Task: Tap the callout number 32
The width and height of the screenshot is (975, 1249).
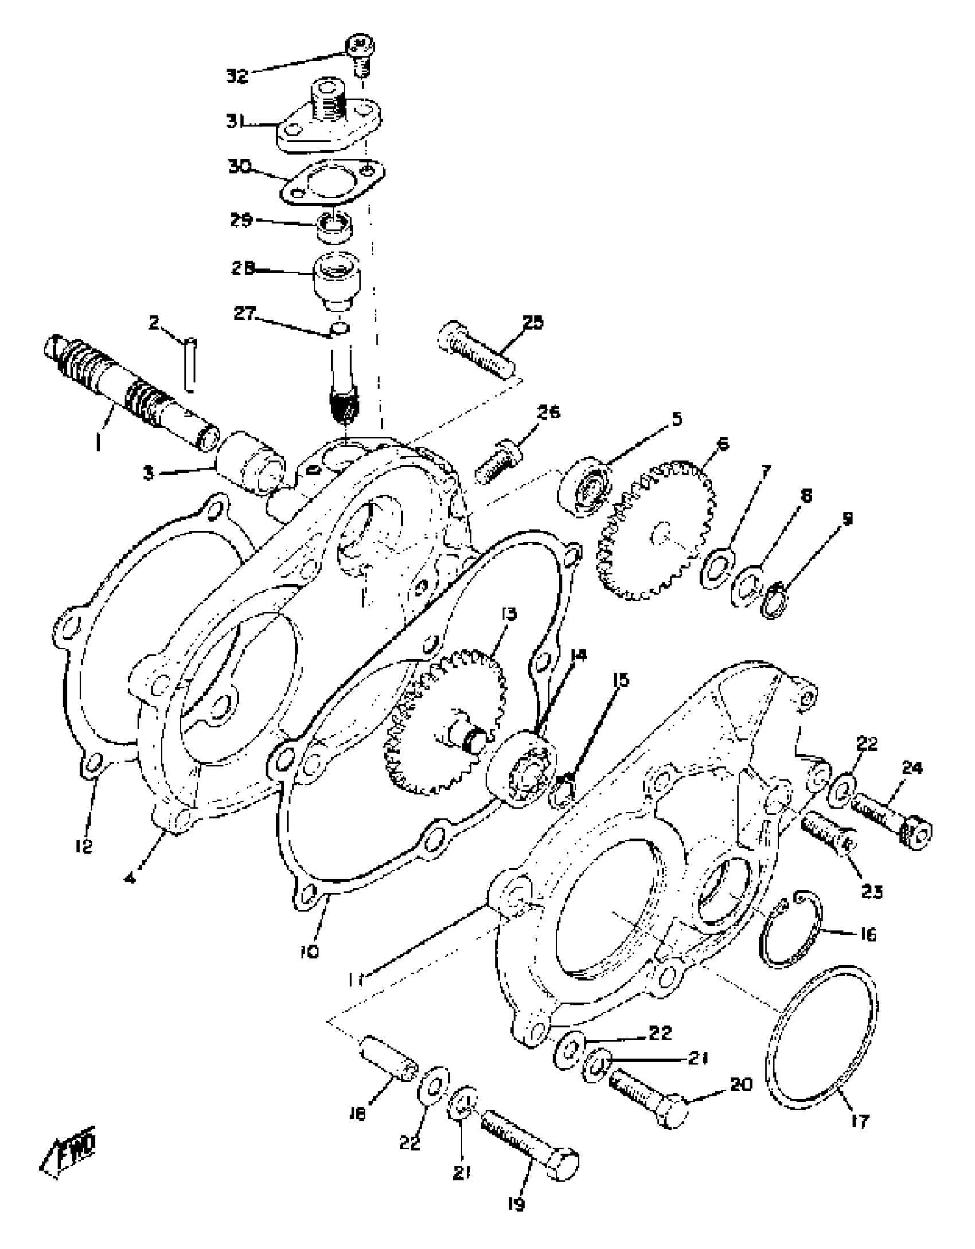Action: pyautogui.click(x=236, y=76)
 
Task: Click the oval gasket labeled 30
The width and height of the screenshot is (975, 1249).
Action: pyautogui.click(x=333, y=183)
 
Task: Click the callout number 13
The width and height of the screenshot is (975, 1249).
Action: pyautogui.click(x=508, y=614)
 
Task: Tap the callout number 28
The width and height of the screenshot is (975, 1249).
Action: pyautogui.click(x=242, y=268)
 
